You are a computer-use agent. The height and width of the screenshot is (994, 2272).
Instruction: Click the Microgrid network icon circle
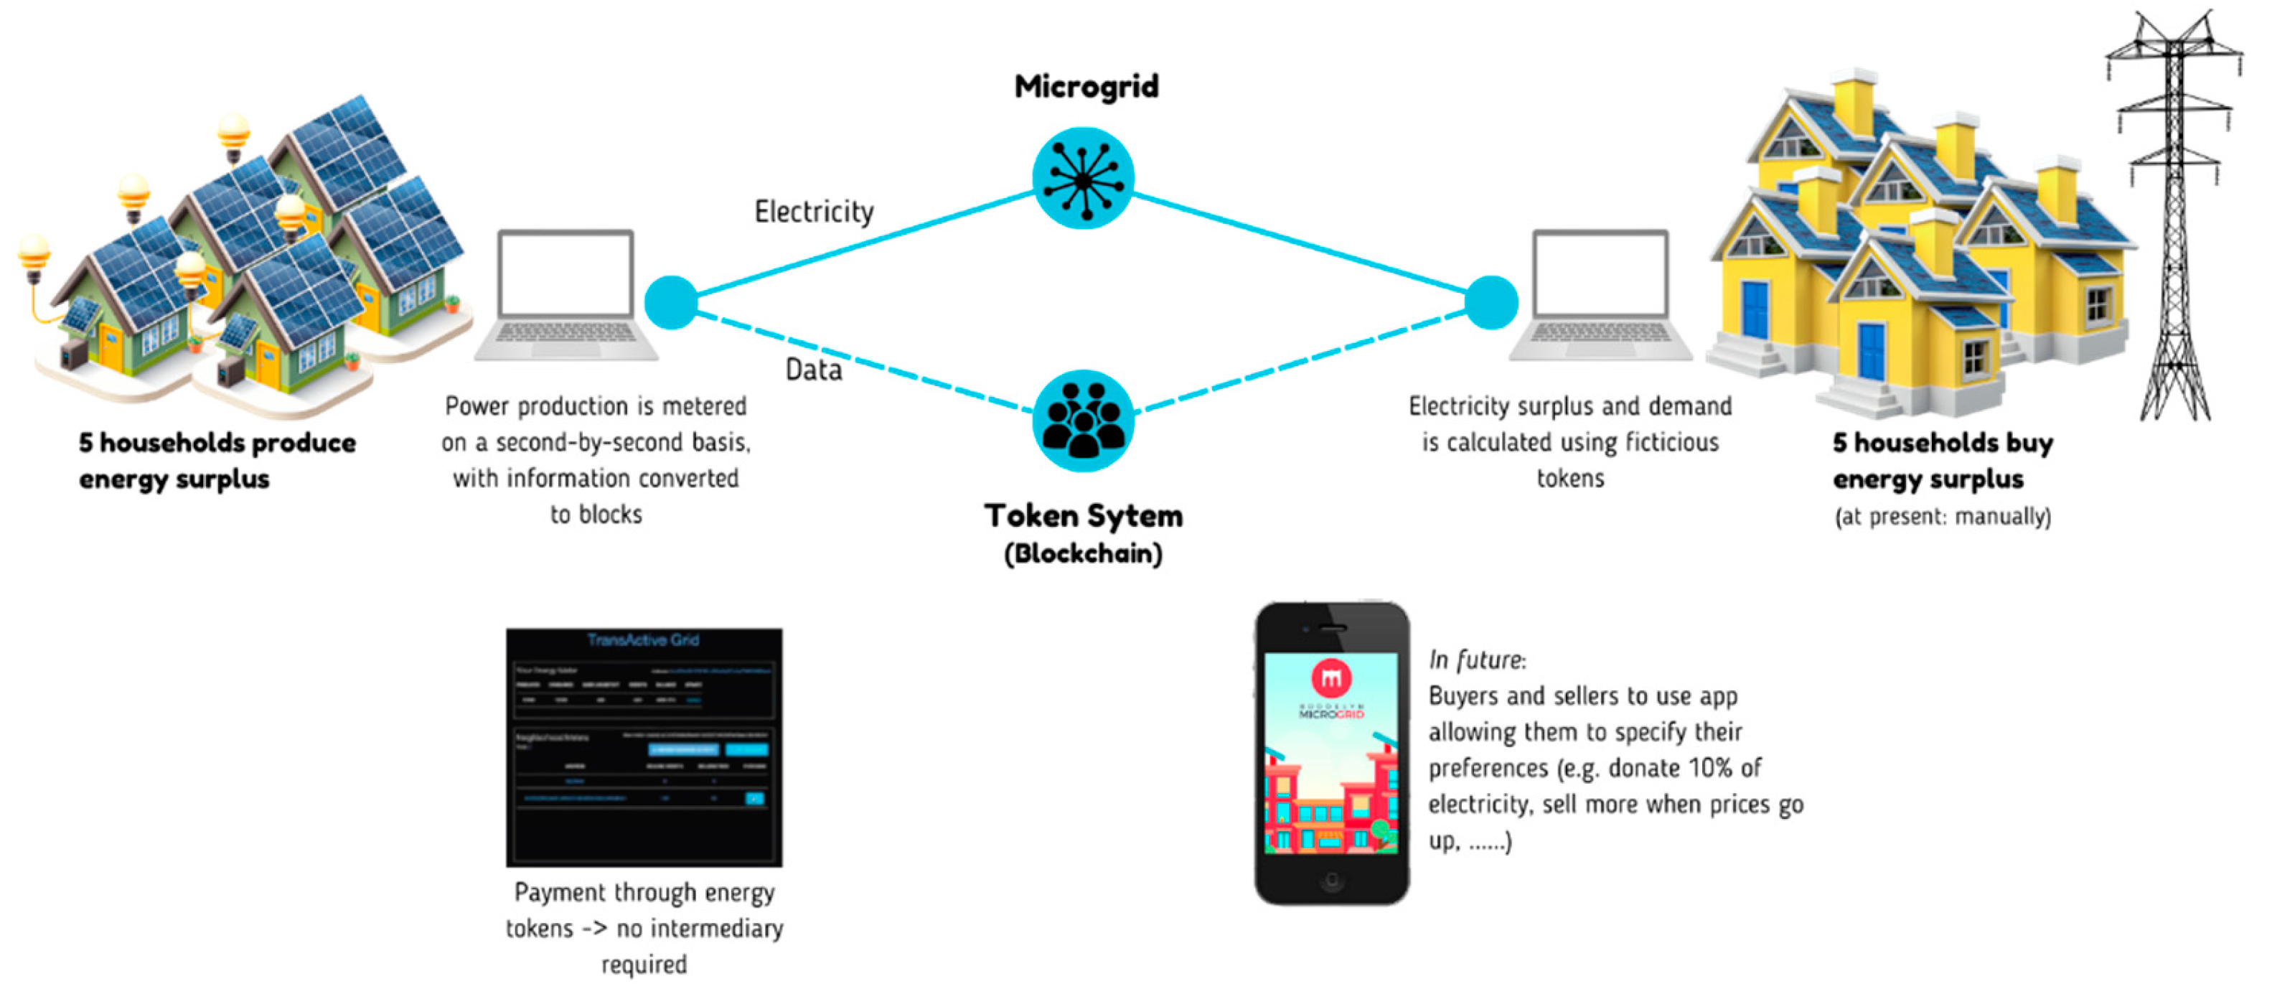[x=1082, y=178]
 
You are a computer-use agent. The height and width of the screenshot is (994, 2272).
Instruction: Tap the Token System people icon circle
[x=1082, y=420]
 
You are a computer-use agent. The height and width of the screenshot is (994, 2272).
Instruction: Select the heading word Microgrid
[x=1086, y=86]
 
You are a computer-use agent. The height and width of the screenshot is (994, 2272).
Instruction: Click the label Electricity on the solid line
[x=813, y=212]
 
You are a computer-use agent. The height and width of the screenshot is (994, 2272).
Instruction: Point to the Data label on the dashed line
[x=813, y=370]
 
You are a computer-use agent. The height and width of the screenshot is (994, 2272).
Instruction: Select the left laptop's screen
[x=565, y=273]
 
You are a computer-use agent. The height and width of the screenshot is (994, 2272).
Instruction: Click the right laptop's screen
[x=1600, y=273]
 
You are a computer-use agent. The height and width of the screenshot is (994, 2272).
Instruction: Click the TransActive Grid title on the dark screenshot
[x=643, y=639]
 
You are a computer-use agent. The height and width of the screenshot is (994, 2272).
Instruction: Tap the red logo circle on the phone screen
[x=1331, y=678]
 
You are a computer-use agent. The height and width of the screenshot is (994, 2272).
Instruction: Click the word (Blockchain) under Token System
[x=1082, y=554]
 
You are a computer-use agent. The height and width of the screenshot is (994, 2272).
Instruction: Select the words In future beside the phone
[x=1476, y=660]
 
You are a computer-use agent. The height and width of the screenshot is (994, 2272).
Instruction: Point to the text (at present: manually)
[x=1942, y=516]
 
